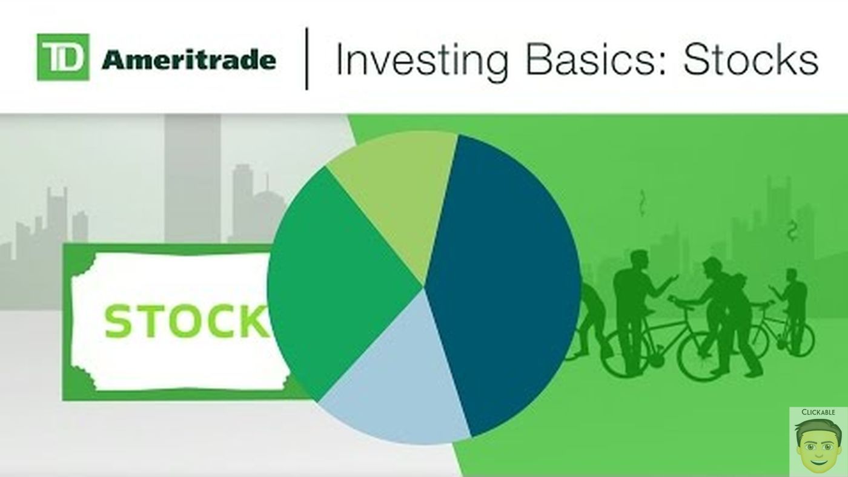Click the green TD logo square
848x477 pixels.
tap(63, 57)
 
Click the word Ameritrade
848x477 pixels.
tap(188, 60)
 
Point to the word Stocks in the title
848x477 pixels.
tap(750, 59)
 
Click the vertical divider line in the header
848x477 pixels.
tap(306, 59)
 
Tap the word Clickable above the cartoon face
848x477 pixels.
tap(818, 412)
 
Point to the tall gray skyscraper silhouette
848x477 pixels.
tap(193, 178)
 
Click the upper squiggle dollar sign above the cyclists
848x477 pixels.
tap(642, 203)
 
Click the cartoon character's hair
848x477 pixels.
tap(818, 429)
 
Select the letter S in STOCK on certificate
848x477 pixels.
tap(118, 321)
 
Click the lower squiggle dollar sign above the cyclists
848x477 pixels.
tap(792, 231)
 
